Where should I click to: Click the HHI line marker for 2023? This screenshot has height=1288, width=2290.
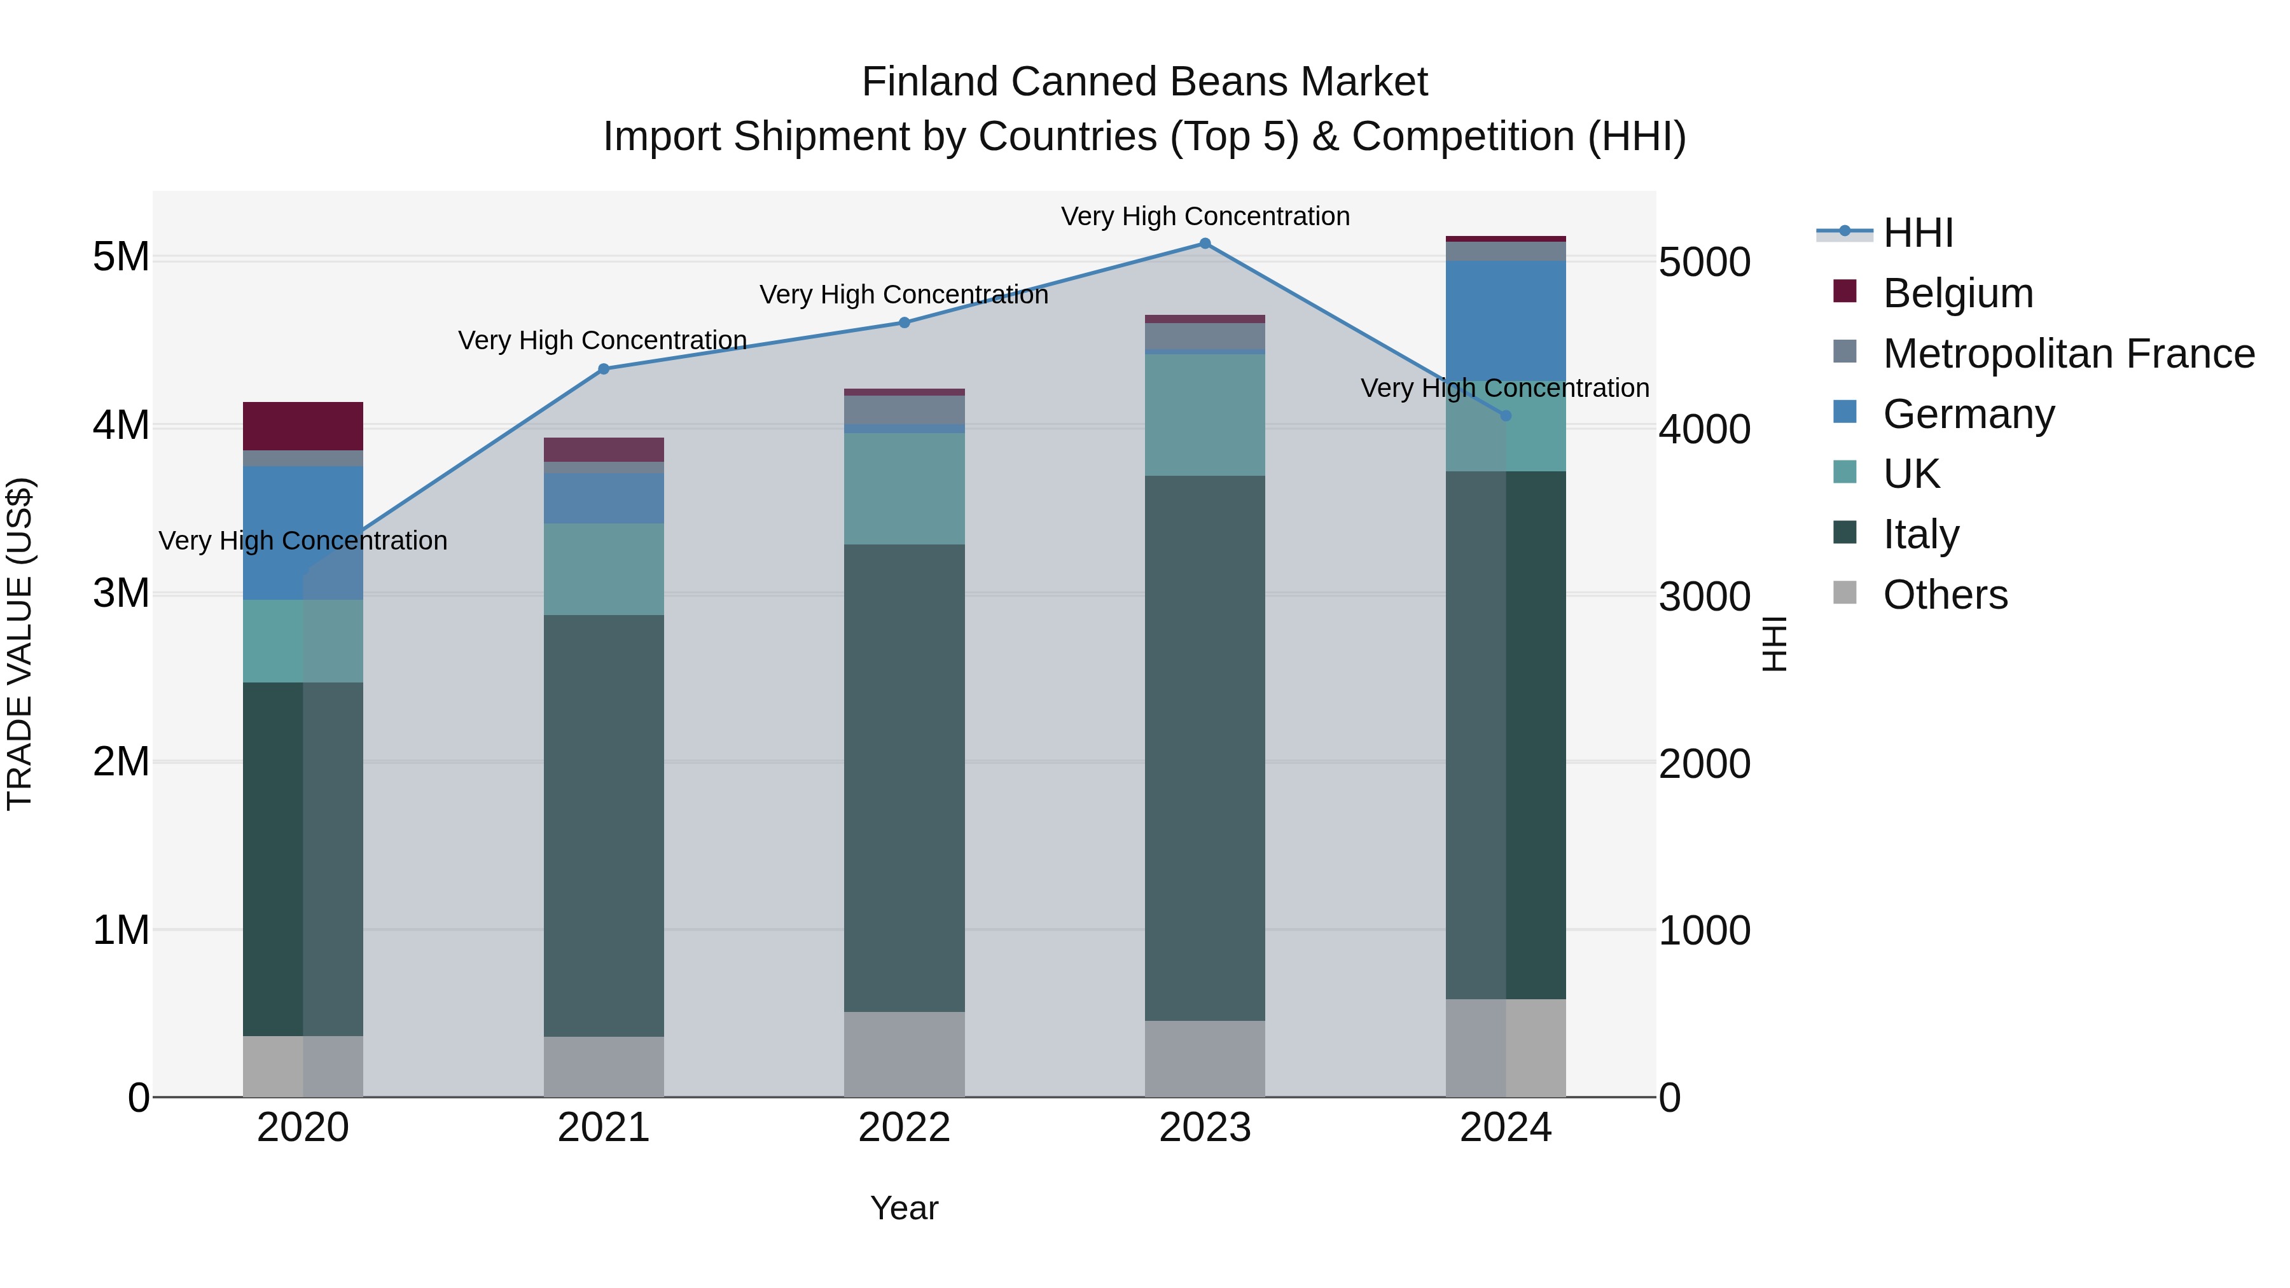(x=1205, y=244)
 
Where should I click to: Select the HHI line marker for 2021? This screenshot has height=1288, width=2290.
(x=604, y=369)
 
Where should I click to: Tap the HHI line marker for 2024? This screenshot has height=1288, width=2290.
(x=1505, y=416)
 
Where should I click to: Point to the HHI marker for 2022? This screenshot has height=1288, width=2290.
(x=904, y=322)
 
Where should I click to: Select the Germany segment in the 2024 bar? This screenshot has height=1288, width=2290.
(x=1505, y=320)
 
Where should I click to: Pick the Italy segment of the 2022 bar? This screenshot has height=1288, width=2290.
(x=904, y=778)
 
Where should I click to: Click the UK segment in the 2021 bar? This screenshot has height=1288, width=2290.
(x=604, y=569)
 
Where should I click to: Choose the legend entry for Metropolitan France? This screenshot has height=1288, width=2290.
(x=2068, y=354)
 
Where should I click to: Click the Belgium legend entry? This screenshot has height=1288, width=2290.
(x=1957, y=293)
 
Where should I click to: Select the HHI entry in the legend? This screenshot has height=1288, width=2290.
(x=1917, y=233)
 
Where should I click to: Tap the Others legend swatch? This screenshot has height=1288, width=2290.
(x=1845, y=593)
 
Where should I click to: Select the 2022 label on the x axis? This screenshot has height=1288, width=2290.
(x=904, y=1128)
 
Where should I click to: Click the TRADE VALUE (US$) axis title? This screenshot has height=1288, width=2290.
(x=20, y=644)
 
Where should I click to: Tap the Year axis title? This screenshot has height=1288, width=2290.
(x=904, y=1208)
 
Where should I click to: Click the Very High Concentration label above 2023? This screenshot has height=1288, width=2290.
(x=1205, y=216)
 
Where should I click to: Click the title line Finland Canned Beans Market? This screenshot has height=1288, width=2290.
(x=1144, y=82)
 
